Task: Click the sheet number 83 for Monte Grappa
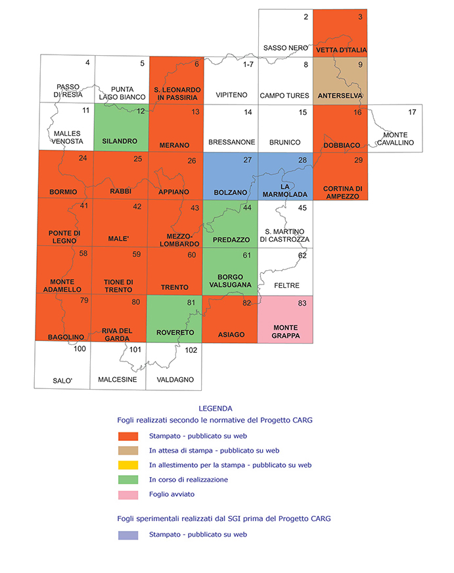(x=302, y=304)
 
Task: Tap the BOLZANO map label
(x=231, y=193)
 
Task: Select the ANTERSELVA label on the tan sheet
(x=340, y=96)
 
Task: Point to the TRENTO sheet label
(x=175, y=287)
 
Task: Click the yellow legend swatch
(x=128, y=465)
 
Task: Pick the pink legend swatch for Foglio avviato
(x=128, y=495)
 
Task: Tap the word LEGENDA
(x=216, y=409)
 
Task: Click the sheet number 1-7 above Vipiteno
(x=248, y=64)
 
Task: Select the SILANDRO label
(x=120, y=141)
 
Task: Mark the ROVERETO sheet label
(x=175, y=332)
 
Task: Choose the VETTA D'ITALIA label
(x=342, y=50)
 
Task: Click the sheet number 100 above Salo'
(x=79, y=349)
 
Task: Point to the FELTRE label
(x=286, y=285)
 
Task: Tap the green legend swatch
(x=128, y=480)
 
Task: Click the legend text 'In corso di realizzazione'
(x=189, y=480)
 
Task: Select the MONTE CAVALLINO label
(x=396, y=139)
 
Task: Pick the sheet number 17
(x=412, y=112)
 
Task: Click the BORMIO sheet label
(x=63, y=192)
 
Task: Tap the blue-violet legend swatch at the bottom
(x=128, y=536)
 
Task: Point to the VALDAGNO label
(x=175, y=380)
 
